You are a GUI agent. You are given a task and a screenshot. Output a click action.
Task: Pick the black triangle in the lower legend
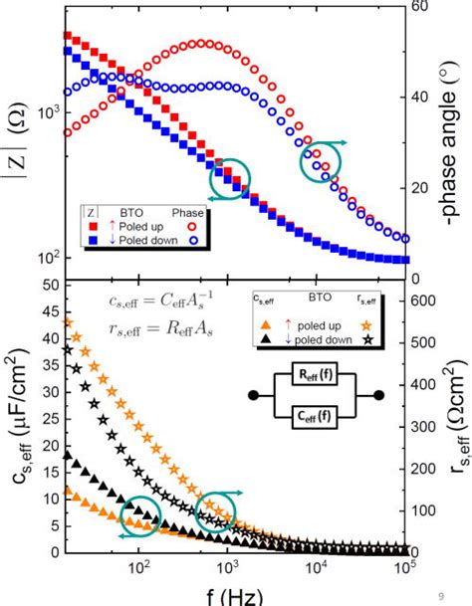tap(265, 338)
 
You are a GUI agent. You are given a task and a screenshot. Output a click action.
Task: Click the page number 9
tap(440, 595)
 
